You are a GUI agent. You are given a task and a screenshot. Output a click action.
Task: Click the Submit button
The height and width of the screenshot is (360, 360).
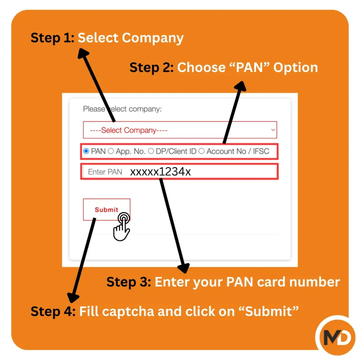(107, 210)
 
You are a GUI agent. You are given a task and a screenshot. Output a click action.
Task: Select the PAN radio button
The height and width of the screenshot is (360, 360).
(86, 151)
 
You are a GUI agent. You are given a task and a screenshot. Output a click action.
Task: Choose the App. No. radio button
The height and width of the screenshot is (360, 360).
(111, 151)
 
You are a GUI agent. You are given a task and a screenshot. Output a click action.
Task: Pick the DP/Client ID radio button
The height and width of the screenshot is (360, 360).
(151, 151)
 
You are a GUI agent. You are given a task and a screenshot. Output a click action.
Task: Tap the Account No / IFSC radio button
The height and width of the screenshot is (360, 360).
(201, 151)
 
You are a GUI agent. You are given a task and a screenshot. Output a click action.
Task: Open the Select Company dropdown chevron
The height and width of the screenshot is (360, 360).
(273, 130)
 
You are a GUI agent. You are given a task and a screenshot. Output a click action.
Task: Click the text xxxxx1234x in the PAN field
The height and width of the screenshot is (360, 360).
(161, 172)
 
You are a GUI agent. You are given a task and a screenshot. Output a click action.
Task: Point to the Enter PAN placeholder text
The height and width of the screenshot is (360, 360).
(105, 172)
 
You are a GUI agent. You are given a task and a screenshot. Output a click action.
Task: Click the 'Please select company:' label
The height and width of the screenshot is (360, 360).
(122, 109)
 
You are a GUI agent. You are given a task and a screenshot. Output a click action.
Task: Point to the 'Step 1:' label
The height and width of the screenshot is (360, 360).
(53, 38)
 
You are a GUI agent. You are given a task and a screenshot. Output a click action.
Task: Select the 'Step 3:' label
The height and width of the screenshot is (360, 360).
(129, 282)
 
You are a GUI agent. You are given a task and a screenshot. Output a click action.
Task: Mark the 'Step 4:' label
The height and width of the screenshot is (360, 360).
(53, 311)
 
